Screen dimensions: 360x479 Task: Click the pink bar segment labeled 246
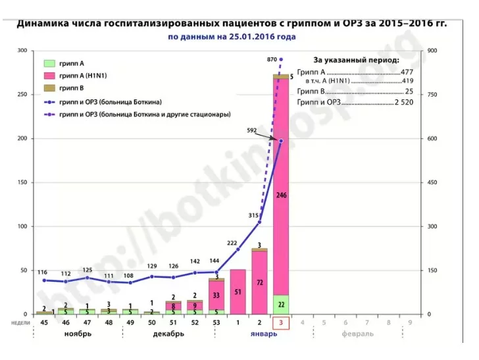pyautogui.click(x=282, y=195)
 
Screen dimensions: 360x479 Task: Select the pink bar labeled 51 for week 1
pyautogui.click(x=238, y=292)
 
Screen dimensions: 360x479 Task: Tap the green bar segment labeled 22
pyautogui.click(x=282, y=304)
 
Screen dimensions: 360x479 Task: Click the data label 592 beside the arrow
pyautogui.click(x=251, y=130)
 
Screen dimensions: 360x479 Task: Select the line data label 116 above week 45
pyautogui.click(x=43, y=272)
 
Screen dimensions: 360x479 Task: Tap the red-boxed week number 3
pyautogui.click(x=281, y=322)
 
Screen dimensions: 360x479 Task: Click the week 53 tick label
pyautogui.click(x=216, y=322)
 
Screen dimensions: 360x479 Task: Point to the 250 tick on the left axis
pyautogui.click(x=23, y=94)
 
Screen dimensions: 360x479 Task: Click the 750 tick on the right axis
pyautogui.click(x=433, y=94)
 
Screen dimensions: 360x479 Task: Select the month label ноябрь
pyautogui.click(x=78, y=334)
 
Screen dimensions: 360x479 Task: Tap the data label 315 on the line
pyautogui.click(x=254, y=215)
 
